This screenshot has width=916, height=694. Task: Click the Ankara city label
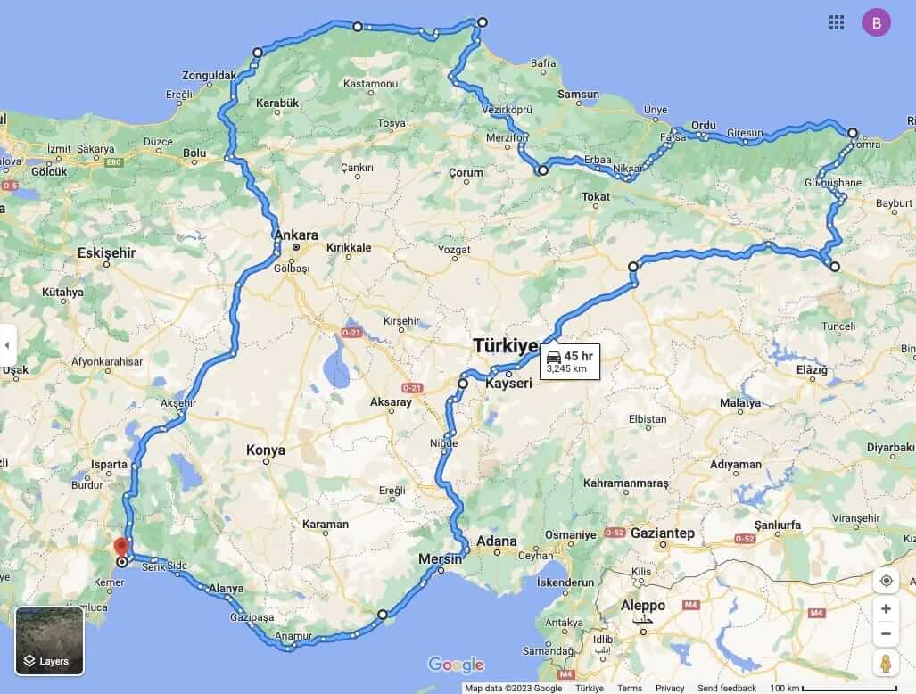(x=296, y=235)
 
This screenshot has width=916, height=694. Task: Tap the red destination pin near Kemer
(x=122, y=547)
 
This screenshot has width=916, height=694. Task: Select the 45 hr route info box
(x=570, y=361)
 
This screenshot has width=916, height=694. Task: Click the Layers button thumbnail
(x=50, y=640)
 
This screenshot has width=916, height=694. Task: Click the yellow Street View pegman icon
(x=886, y=663)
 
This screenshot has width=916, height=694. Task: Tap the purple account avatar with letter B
(x=876, y=23)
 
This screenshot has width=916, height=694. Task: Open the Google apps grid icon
(x=837, y=23)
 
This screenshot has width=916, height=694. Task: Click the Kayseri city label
(x=508, y=384)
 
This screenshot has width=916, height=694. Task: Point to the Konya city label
(x=266, y=450)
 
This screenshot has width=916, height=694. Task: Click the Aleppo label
(x=642, y=606)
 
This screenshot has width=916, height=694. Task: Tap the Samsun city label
(x=579, y=95)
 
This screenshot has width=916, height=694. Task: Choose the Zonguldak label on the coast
(x=209, y=75)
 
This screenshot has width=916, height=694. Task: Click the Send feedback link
(x=727, y=689)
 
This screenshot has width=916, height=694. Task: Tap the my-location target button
(x=886, y=581)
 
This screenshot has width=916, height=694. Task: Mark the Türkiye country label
(x=505, y=346)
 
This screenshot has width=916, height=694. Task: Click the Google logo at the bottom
(x=456, y=665)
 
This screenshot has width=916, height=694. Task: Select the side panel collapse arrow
(x=8, y=345)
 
